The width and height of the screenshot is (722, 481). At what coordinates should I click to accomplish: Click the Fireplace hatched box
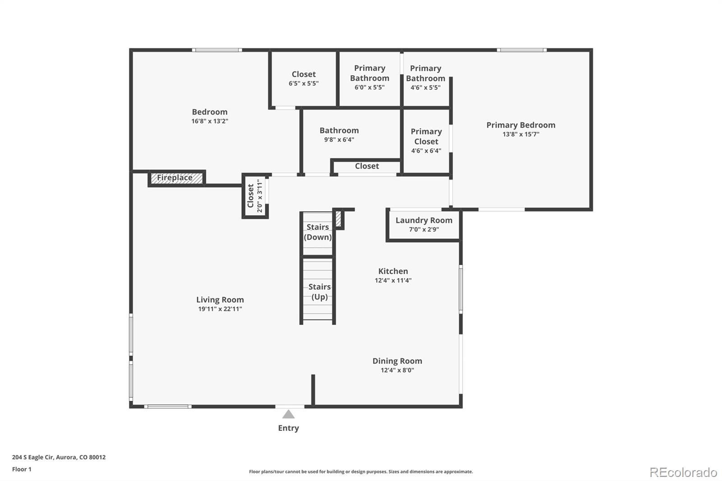tap(176, 178)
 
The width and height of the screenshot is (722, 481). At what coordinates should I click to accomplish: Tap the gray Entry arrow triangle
tap(288, 414)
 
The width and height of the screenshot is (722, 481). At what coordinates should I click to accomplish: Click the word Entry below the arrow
tap(288, 428)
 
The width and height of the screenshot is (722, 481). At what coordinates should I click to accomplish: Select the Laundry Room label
tap(424, 220)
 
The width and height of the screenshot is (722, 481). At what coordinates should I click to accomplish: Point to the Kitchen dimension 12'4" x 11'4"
tap(393, 281)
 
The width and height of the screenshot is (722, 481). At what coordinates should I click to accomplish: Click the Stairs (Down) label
tap(318, 232)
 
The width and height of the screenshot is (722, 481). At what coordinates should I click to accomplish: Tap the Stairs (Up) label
tap(319, 292)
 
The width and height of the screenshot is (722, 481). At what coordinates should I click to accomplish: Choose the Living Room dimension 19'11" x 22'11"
tap(220, 309)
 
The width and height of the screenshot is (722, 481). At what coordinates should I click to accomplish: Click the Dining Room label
tap(397, 361)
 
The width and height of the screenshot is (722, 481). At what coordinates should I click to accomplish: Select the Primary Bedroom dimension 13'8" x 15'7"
tap(521, 134)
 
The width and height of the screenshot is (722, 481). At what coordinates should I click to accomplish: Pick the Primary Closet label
tap(426, 137)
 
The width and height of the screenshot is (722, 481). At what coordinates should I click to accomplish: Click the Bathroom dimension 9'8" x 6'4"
tap(339, 139)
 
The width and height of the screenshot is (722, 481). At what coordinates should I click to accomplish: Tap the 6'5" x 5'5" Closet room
tap(304, 79)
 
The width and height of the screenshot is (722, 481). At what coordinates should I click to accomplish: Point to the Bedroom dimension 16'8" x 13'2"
tap(210, 121)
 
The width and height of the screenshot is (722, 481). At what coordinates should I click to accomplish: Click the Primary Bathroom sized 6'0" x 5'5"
tap(370, 79)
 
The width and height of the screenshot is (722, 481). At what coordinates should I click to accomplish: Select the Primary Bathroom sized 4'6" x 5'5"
tap(426, 79)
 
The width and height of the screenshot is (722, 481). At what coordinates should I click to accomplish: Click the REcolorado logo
tap(683, 472)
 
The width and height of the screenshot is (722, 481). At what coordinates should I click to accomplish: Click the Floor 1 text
tap(22, 469)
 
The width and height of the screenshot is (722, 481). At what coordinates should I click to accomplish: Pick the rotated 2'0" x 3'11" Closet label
tap(255, 196)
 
